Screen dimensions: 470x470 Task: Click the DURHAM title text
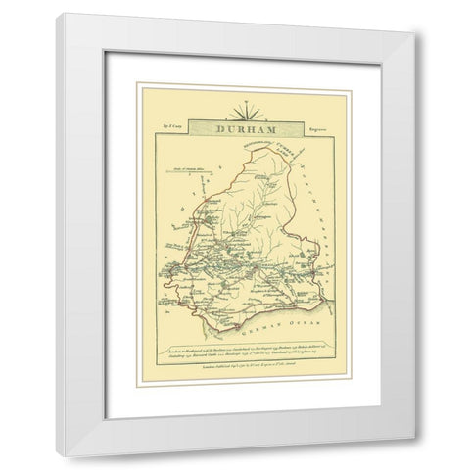coord(235,127)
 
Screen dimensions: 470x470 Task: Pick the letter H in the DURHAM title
coord(239,127)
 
